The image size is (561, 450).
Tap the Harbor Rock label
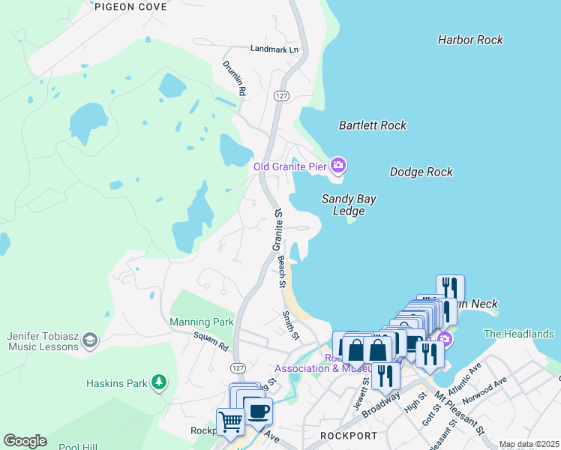point(470,40)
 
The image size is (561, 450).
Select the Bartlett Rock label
point(372,125)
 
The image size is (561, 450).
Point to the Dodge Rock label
point(421,172)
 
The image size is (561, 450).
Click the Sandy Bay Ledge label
point(349,205)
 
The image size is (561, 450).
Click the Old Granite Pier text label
point(289,166)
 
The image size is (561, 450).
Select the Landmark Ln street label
point(274,49)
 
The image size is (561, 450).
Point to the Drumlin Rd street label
point(234,78)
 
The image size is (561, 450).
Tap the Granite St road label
point(277,229)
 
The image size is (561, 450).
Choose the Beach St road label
point(282,271)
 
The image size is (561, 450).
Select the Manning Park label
point(202,322)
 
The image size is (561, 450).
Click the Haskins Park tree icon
point(158,382)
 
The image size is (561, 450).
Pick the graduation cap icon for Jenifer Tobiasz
point(89,340)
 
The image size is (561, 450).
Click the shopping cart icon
point(230,421)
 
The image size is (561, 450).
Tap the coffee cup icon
point(259,411)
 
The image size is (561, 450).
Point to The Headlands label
point(519,334)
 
